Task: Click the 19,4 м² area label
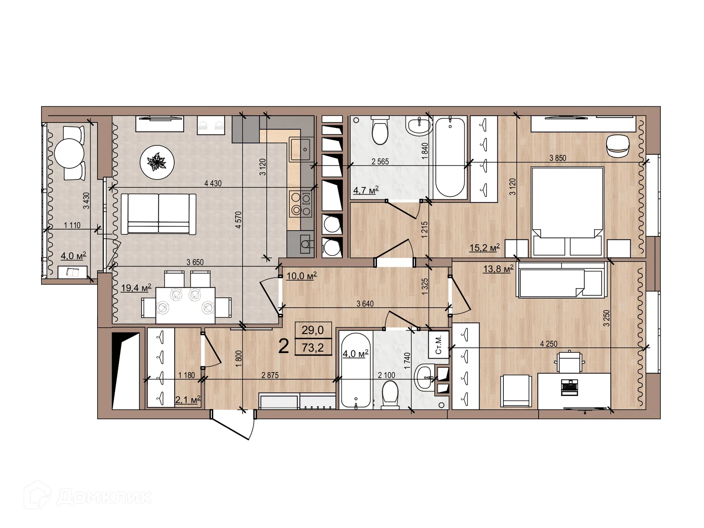(x=136, y=288)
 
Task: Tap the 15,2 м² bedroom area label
(x=484, y=248)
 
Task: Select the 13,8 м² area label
(x=498, y=269)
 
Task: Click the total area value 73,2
(x=313, y=348)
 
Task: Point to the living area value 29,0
(x=313, y=330)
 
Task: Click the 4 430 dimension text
(x=213, y=183)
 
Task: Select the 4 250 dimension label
(x=549, y=344)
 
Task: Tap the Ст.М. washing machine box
(x=439, y=344)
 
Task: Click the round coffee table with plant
(x=157, y=162)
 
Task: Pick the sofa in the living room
(x=158, y=214)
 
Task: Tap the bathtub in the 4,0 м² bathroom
(x=356, y=370)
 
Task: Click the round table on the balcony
(x=69, y=153)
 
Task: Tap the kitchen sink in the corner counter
(x=300, y=149)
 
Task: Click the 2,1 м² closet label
(x=188, y=399)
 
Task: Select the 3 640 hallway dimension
(x=365, y=304)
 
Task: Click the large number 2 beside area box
(x=283, y=346)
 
